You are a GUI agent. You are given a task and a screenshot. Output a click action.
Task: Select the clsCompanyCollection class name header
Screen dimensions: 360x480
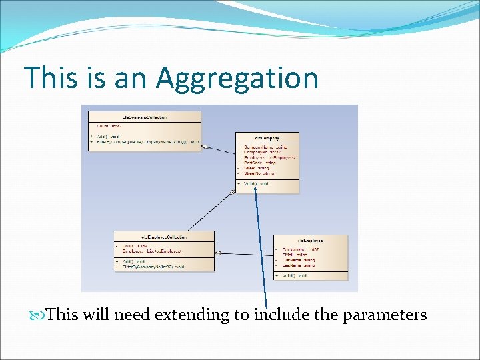pyautogui.click(x=145, y=116)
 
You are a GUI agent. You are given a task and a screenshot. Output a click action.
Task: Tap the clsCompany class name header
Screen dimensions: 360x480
pyautogui.click(x=267, y=137)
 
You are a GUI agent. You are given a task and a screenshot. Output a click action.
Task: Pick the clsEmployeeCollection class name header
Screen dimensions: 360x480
pyautogui.click(x=164, y=237)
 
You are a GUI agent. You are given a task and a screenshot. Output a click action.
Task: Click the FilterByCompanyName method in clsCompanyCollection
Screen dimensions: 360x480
pyautogui.click(x=147, y=142)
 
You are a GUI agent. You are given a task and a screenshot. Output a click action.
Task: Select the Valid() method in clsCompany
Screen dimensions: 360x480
pyautogui.click(x=257, y=183)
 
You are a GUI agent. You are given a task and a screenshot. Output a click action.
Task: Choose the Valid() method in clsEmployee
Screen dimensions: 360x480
pyautogui.click(x=294, y=275)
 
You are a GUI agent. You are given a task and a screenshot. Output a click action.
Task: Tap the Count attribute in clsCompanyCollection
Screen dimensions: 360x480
pyautogui.click(x=110, y=125)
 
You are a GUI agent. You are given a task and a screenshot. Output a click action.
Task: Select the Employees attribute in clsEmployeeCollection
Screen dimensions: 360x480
pyautogui.click(x=153, y=251)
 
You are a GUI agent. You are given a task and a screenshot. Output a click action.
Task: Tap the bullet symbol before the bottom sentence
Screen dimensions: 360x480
pyautogui.click(x=43, y=315)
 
